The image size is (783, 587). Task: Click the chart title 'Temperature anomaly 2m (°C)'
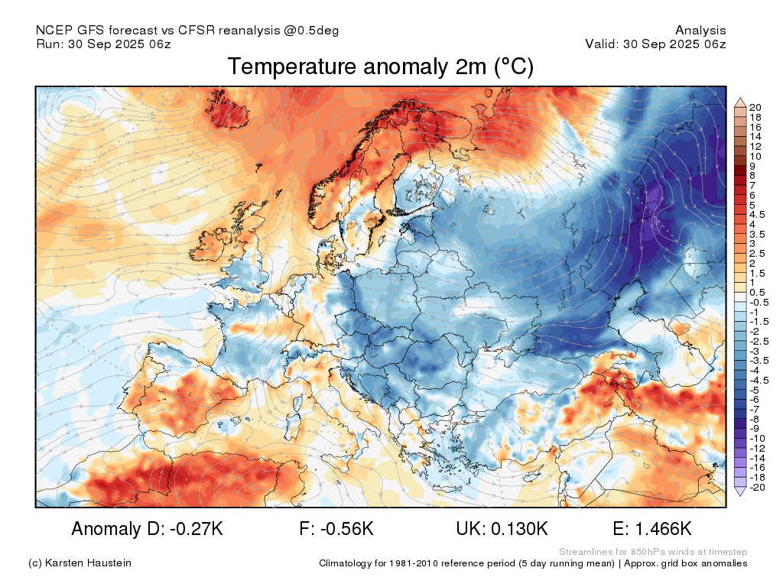click(x=381, y=67)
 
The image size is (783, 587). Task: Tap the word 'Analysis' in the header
click(x=700, y=31)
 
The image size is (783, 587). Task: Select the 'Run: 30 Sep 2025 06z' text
click(x=103, y=44)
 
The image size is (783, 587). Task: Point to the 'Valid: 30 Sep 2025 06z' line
click(x=655, y=44)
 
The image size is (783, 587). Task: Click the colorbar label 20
click(x=755, y=107)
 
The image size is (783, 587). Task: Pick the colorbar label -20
click(x=757, y=488)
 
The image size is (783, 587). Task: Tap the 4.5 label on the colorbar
click(x=757, y=215)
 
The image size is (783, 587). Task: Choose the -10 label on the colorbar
click(x=757, y=439)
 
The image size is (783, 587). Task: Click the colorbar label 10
click(x=755, y=156)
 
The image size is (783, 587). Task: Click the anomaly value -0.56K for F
click(x=347, y=529)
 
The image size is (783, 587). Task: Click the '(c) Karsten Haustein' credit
click(x=80, y=563)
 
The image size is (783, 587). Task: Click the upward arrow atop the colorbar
click(x=740, y=103)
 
